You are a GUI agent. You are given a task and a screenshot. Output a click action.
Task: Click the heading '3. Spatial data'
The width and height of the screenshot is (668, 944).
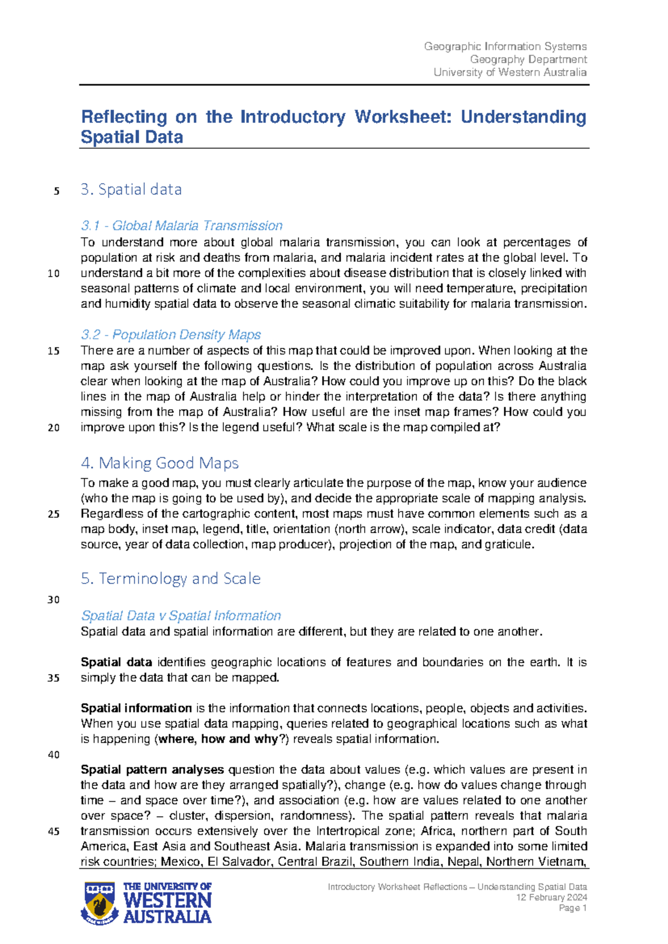coord(131,189)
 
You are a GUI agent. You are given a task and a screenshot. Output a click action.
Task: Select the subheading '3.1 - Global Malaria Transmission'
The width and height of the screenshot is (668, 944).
coord(181,225)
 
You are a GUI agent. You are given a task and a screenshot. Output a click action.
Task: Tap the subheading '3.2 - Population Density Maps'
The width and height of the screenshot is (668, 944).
coord(171,335)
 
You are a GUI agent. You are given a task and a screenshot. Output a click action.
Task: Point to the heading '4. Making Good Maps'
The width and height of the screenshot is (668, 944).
coord(160,463)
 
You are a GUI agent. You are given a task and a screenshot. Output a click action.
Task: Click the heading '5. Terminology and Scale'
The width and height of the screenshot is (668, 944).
coord(170,578)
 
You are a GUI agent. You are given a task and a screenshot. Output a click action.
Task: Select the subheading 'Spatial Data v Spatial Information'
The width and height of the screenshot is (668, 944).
coord(181,616)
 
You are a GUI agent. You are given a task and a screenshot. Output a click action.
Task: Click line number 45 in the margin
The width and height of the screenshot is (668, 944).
coord(54,832)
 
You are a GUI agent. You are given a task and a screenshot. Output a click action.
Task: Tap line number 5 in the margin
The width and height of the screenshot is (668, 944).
coord(56,191)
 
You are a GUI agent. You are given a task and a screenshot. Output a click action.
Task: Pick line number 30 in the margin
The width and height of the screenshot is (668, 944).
coord(54,600)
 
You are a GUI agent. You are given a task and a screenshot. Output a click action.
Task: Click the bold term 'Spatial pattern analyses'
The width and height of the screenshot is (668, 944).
coord(152,770)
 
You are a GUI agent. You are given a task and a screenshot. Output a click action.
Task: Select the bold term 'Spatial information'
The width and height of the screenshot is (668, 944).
coord(136,709)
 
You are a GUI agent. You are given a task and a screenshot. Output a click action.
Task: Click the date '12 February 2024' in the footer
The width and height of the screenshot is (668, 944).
coord(551,897)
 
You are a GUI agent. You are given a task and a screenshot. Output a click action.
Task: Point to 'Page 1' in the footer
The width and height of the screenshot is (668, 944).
coord(573,908)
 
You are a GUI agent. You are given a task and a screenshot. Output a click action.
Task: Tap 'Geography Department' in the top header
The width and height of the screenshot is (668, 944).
coord(528,60)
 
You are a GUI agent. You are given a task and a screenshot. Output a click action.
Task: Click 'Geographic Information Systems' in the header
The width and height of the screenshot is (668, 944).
coord(505,47)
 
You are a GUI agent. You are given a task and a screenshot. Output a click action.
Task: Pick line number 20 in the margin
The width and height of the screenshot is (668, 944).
coord(54,428)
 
